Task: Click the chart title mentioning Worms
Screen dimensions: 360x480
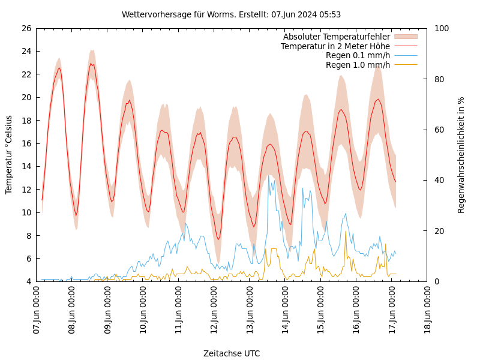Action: [231, 14]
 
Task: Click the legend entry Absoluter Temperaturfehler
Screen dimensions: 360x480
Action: [336, 37]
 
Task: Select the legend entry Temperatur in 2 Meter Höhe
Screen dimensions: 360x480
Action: [335, 46]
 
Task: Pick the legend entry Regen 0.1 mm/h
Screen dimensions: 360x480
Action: [358, 55]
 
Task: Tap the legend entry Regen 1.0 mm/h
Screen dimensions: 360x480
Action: [358, 65]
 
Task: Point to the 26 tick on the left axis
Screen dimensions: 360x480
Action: [26, 28]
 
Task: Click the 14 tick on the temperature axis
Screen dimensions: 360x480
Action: [26, 166]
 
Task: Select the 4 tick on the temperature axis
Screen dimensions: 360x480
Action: [28, 281]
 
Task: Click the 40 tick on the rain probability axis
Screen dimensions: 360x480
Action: [439, 180]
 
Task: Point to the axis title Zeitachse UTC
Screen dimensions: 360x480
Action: [232, 353]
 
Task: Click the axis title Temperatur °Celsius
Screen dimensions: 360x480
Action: [9, 155]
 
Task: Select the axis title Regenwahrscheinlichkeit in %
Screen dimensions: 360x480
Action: [461, 155]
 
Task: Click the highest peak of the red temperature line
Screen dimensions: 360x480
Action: [91, 63]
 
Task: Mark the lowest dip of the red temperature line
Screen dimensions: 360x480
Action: [218, 239]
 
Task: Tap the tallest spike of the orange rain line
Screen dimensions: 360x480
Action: [346, 232]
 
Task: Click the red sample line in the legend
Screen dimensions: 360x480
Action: [405, 46]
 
